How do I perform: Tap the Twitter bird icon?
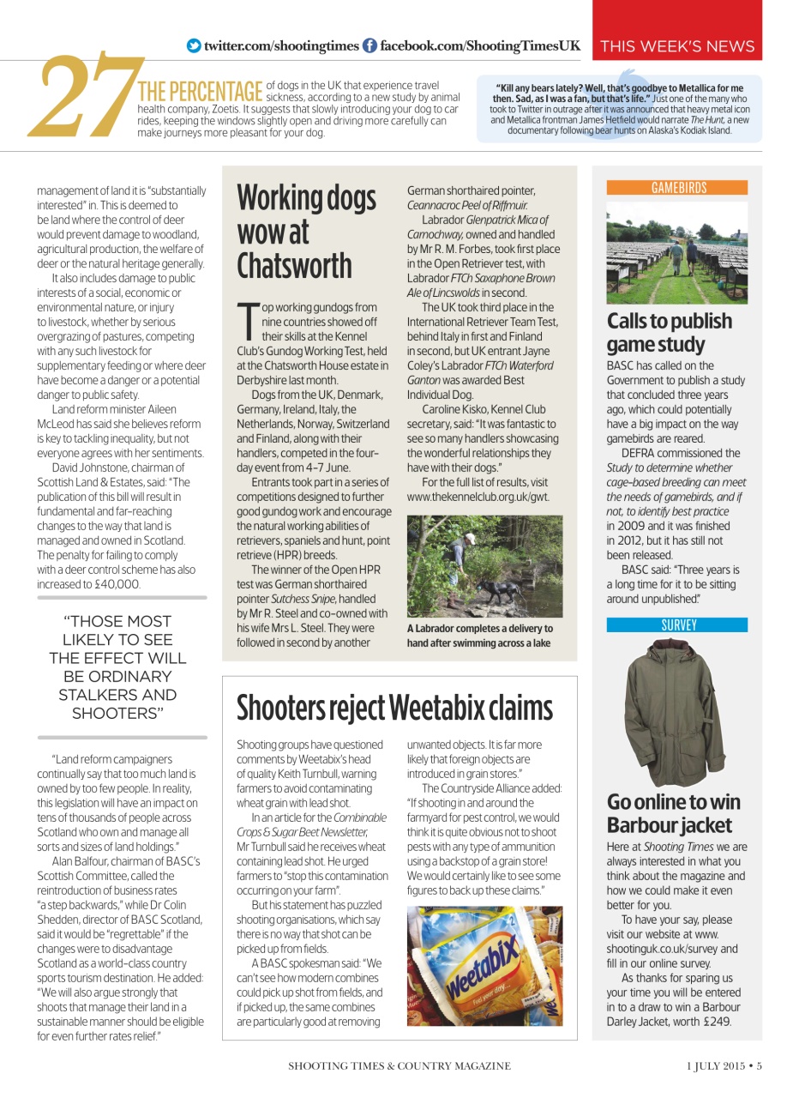tap(194, 46)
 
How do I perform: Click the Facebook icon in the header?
tap(369, 46)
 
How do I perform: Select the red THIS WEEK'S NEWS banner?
tap(676, 46)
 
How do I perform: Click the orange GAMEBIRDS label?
tap(676, 187)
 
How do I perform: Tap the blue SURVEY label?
tap(676, 625)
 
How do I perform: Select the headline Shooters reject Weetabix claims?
tap(394, 709)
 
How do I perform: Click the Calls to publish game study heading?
tap(670, 333)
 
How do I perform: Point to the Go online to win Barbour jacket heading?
tap(673, 813)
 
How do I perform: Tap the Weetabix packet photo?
tap(484, 967)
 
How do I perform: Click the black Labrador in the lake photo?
tap(496, 591)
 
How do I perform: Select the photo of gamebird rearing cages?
tap(676, 252)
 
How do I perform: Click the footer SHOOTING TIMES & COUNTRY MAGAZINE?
tap(399, 1066)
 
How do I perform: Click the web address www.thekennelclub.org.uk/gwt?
tap(478, 497)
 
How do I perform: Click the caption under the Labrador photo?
tap(480, 636)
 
